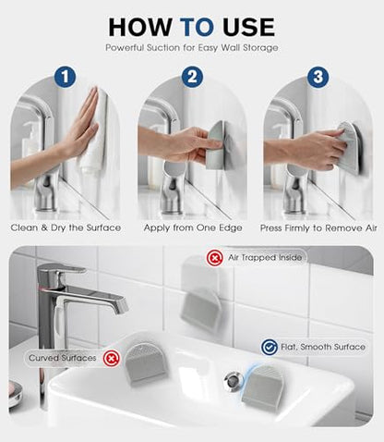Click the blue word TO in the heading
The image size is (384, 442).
197,27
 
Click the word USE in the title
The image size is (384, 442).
248,27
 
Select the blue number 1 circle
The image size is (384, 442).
65,77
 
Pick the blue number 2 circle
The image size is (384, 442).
192,77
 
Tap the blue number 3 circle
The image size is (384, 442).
318,77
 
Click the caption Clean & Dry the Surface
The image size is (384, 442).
66,227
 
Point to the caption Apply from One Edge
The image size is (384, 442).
193,227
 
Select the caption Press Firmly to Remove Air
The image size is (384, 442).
318,228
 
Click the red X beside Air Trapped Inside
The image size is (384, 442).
214,258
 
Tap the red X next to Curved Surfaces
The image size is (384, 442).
111,359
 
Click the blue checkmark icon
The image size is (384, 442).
270,348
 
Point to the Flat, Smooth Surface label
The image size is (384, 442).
323,347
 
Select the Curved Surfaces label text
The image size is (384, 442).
63,358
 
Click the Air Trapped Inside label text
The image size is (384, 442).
265,257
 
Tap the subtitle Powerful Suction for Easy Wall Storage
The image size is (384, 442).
192,48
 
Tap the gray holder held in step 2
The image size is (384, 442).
216,145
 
